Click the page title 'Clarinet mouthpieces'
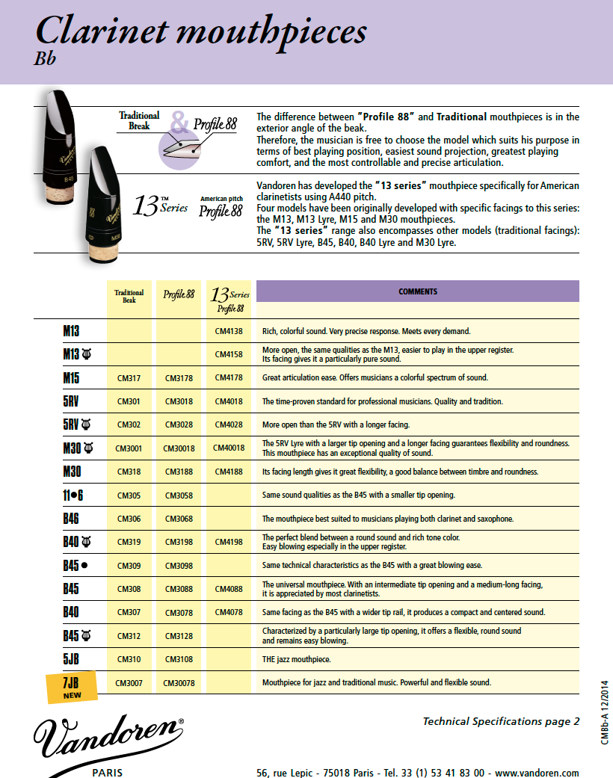click(x=200, y=31)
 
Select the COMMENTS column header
click(x=417, y=291)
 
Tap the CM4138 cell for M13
click(x=229, y=331)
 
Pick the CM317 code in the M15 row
click(x=129, y=378)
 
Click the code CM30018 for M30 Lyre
click(x=179, y=448)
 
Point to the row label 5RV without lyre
click(x=71, y=401)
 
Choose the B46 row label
click(x=71, y=519)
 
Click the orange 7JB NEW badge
click(x=72, y=687)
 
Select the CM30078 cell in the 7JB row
click(x=179, y=682)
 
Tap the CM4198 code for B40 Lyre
click(x=229, y=542)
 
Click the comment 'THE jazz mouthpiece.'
click(x=296, y=659)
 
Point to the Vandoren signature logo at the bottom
click(x=108, y=735)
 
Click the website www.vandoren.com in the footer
click(x=537, y=773)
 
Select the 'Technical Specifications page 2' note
click(x=501, y=721)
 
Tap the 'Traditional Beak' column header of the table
click(x=129, y=297)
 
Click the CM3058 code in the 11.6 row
click(x=179, y=495)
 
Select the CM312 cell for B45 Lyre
click(x=129, y=636)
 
